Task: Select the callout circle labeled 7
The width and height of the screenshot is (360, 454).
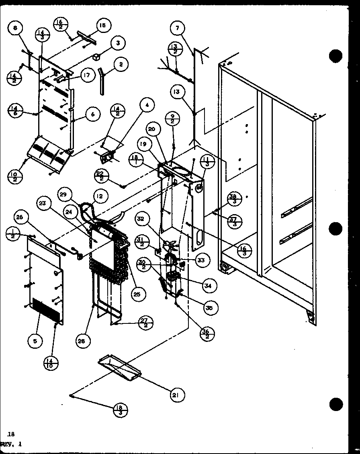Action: click(x=178, y=28)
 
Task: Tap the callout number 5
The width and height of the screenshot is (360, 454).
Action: click(x=35, y=341)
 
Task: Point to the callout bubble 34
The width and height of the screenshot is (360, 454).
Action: click(x=208, y=286)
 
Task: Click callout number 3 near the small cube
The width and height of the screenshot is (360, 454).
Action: click(x=118, y=43)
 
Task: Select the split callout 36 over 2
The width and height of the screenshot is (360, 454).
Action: click(x=207, y=333)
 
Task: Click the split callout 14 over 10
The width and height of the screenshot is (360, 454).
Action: click(x=51, y=364)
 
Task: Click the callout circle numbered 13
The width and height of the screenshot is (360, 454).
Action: click(x=176, y=92)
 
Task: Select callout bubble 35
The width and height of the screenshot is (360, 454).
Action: click(x=209, y=308)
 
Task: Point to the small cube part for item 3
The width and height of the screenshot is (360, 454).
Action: click(x=96, y=57)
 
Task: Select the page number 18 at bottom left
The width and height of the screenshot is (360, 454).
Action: click(x=11, y=434)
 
